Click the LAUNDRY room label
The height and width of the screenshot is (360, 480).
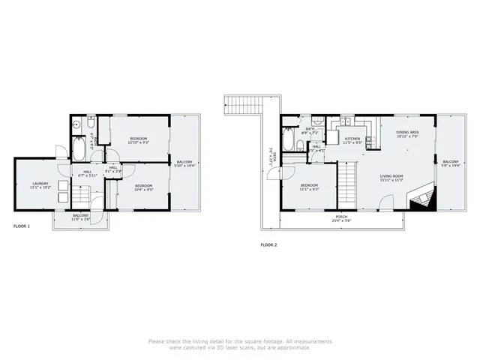(40, 185)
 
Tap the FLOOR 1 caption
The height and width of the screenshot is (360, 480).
(22, 225)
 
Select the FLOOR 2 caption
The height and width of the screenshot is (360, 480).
(269, 244)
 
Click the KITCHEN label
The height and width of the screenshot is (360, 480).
(352, 140)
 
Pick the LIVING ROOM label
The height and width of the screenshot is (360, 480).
(391, 178)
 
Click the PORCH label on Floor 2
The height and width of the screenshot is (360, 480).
(341, 218)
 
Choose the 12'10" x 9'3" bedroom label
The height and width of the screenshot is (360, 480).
(138, 140)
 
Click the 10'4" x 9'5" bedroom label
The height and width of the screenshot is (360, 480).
(143, 187)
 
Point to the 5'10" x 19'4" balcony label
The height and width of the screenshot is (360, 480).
(184, 163)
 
